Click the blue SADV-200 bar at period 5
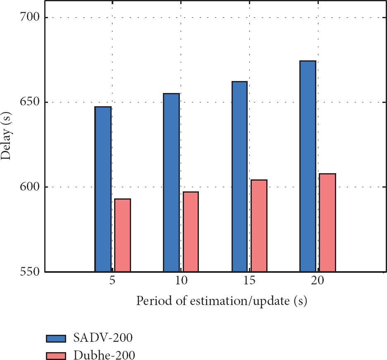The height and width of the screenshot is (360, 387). click(x=103, y=189)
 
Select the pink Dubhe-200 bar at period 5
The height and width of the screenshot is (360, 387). click(x=123, y=235)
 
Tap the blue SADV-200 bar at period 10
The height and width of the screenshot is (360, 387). click(x=172, y=183)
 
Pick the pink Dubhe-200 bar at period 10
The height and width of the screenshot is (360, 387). click(x=191, y=232)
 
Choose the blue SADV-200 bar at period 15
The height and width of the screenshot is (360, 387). click(x=240, y=176)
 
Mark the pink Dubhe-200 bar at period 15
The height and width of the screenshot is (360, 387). click(x=259, y=226)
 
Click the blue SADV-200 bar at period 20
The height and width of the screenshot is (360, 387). click(x=308, y=166)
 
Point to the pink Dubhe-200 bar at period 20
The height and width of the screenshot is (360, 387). click(x=327, y=223)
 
